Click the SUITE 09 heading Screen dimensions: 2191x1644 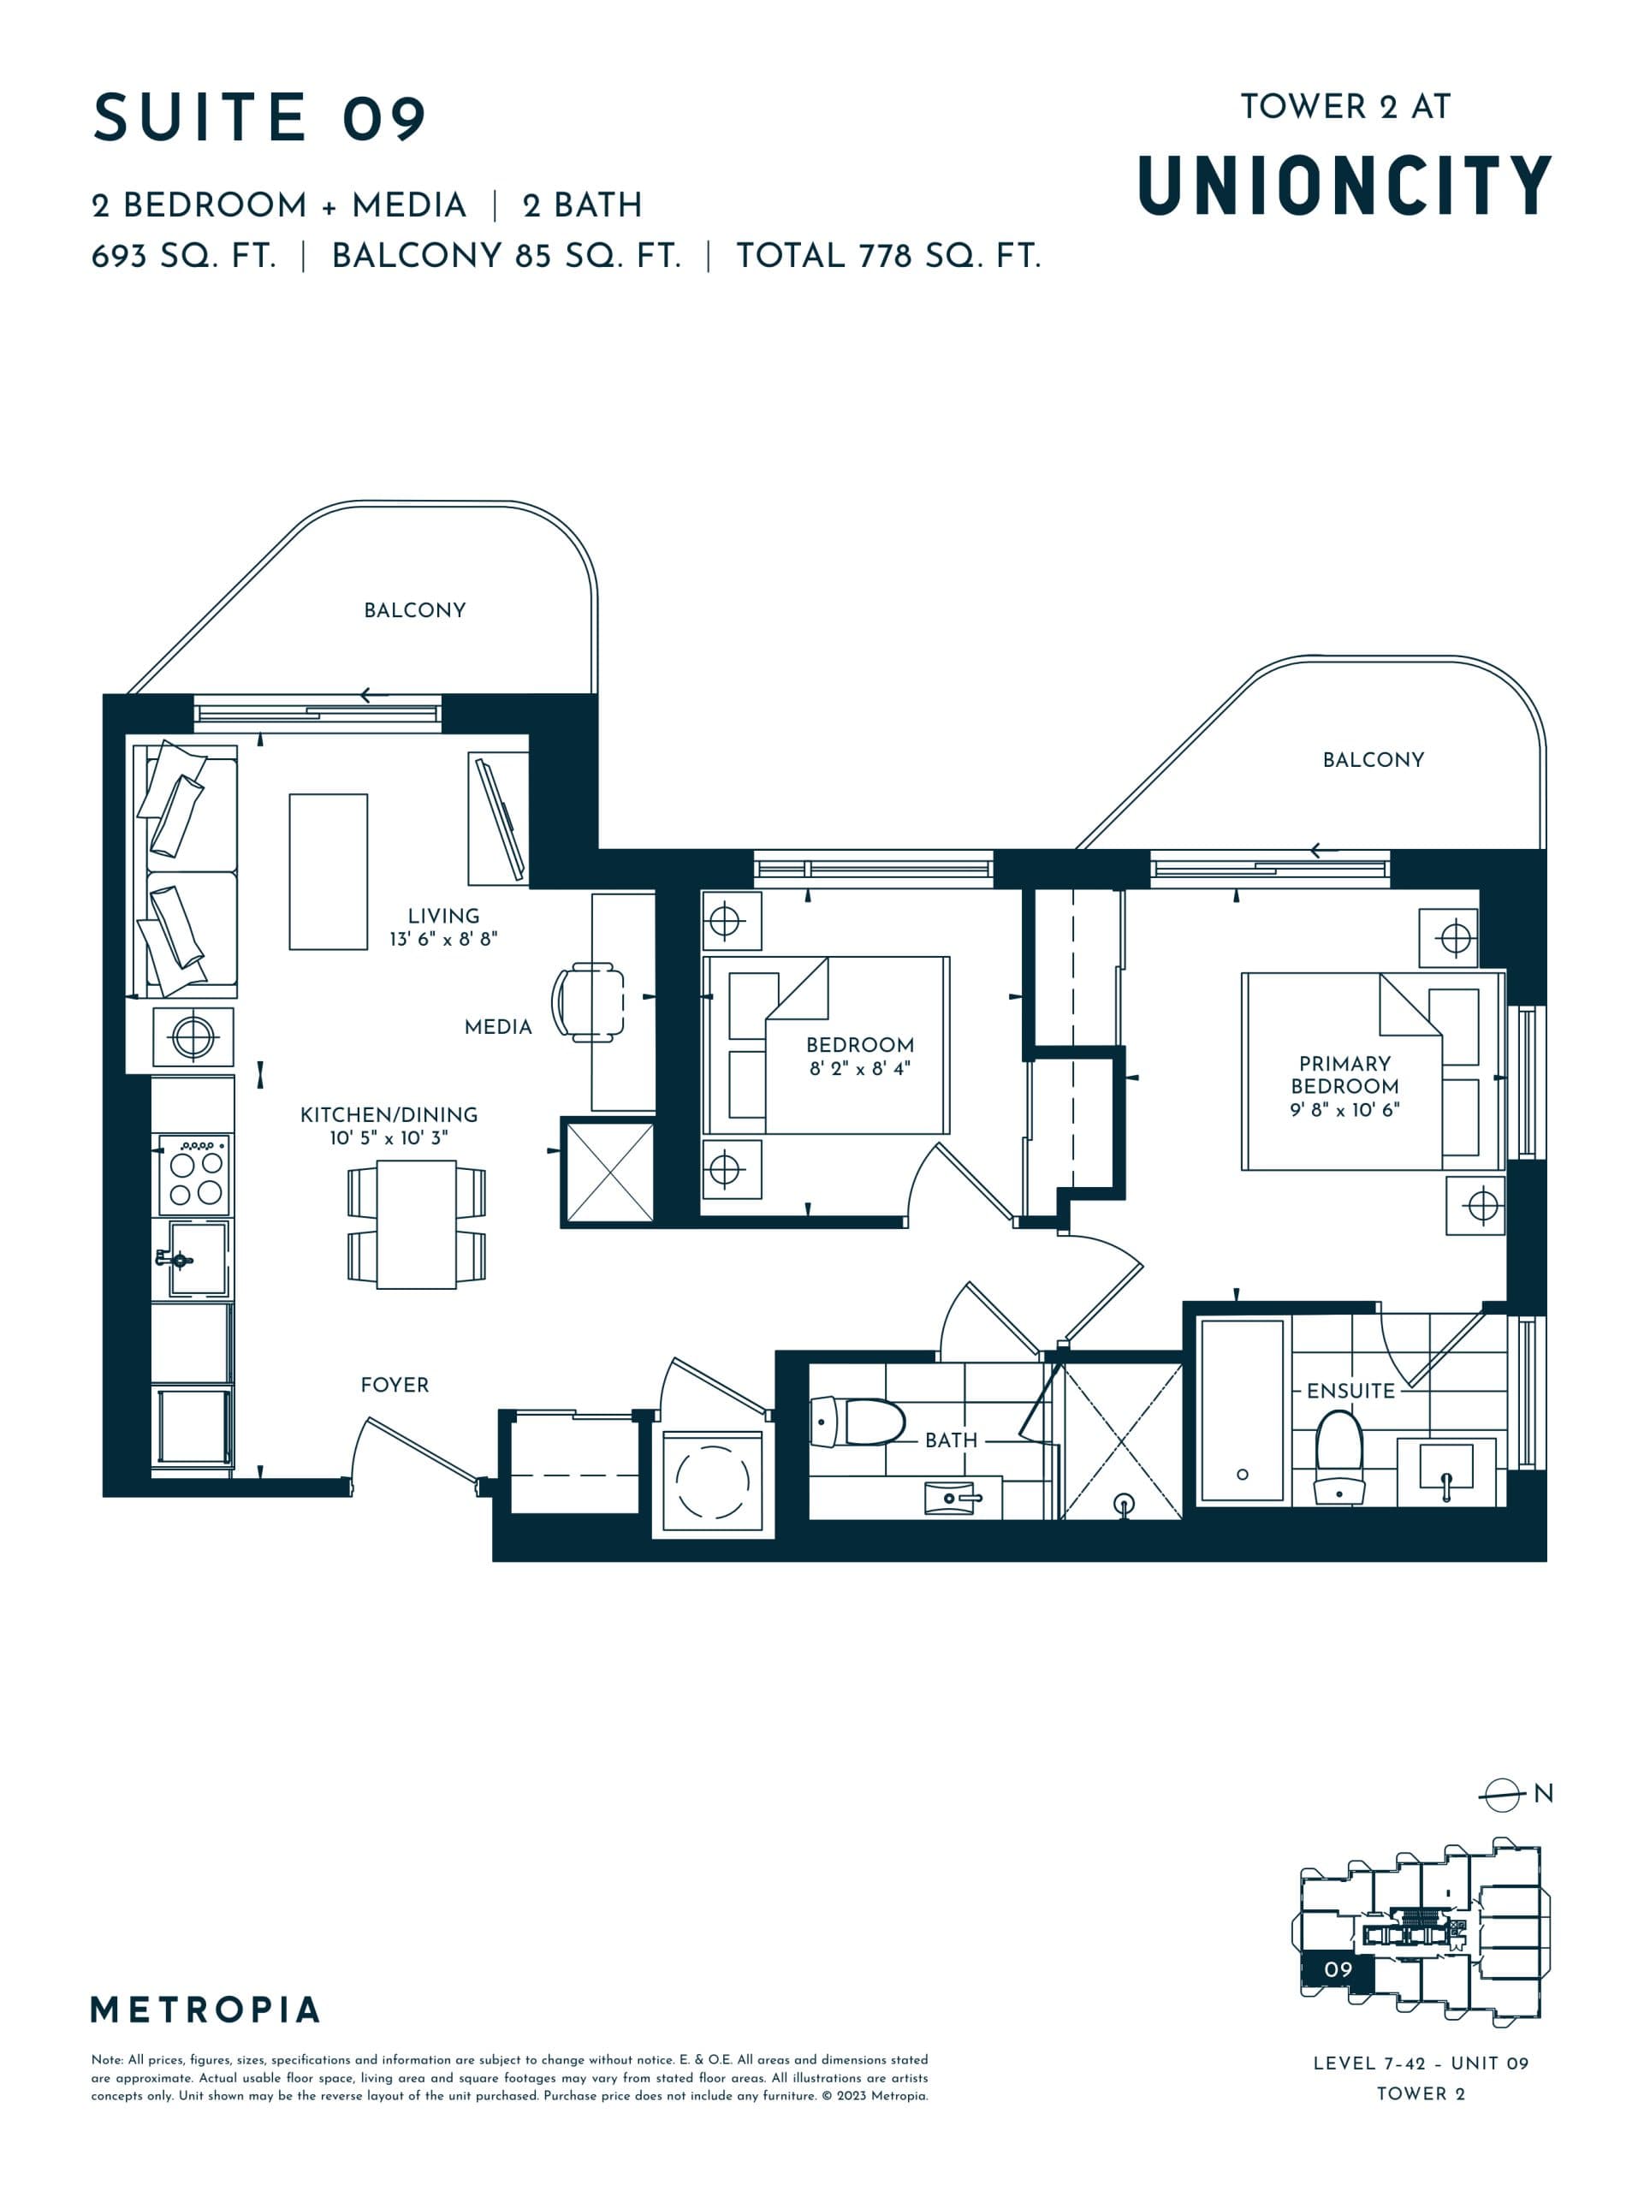point(259,118)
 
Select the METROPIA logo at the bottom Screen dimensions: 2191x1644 point(205,2010)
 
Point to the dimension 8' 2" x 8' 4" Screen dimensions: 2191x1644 point(858,1069)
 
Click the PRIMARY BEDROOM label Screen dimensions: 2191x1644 point(1344,1074)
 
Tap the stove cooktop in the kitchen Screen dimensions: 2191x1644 point(195,1176)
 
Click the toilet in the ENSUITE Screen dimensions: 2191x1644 point(1339,1456)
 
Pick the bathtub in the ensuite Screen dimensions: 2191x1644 point(1242,1411)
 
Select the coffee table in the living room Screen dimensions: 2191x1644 point(328,871)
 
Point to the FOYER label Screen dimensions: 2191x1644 point(395,1385)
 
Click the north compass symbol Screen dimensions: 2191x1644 point(1501,1794)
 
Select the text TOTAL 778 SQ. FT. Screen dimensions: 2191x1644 point(887,257)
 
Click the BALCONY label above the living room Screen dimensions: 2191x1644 point(414,610)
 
